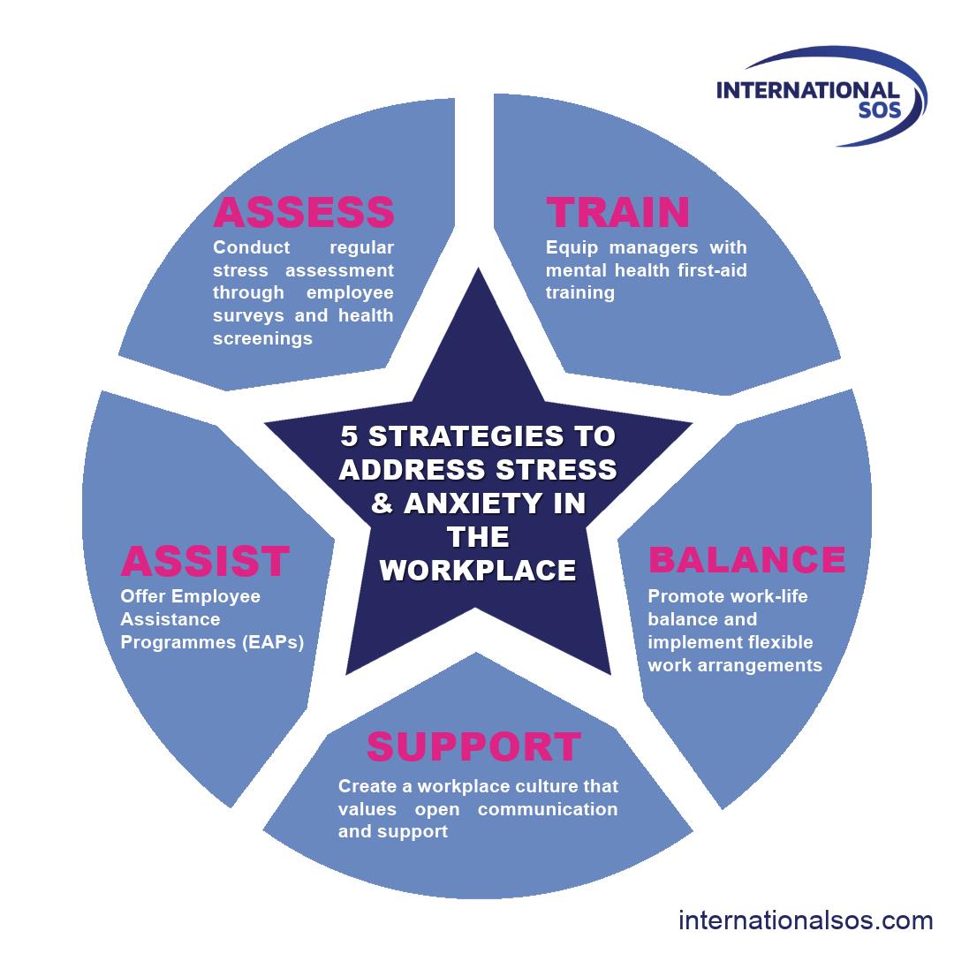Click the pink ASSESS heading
304,213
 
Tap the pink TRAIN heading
617,213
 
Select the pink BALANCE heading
746,560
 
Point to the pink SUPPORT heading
473,747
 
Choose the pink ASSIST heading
205,562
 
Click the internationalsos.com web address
806,920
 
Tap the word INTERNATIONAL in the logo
807,91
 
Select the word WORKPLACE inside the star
478,571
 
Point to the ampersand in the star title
382,503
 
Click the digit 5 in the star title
351,436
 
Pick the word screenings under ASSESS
262,338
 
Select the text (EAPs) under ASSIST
272,642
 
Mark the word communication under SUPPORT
548,809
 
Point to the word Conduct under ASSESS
251,247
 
